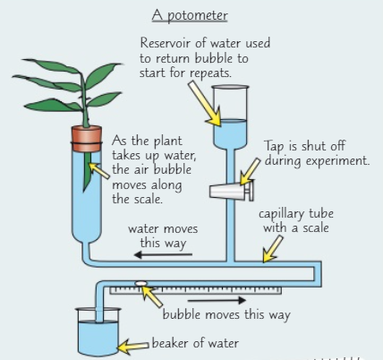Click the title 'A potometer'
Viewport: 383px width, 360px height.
pyautogui.click(x=190, y=15)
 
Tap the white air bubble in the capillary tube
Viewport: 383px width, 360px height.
pyautogui.click(x=140, y=283)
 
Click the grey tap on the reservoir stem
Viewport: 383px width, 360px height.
pyautogui.click(x=232, y=191)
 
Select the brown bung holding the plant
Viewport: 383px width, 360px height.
pyautogui.click(x=87, y=139)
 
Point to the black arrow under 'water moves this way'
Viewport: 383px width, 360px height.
pyautogui.click(x=163, y=254)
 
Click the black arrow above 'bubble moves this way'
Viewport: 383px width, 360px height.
pyautogui.click(x=217, y=300)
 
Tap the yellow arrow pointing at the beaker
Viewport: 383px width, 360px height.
pyautogui.click(x=133, y=347)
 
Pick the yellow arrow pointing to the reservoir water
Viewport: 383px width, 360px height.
pyautogui.click(x=205, y=104)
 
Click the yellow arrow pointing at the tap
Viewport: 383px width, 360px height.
pyautogui.click(x=250, y=172)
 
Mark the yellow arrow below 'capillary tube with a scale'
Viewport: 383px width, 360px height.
pyautogui.click(x=273, y=249)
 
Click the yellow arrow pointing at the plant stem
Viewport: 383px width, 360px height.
pyautogui.click(x=99, y=170)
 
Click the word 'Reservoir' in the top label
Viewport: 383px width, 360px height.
pyautogui.click(x=166, y=43)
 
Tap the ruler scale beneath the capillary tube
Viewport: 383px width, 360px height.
pyautogui.click(x=196, y=290)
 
